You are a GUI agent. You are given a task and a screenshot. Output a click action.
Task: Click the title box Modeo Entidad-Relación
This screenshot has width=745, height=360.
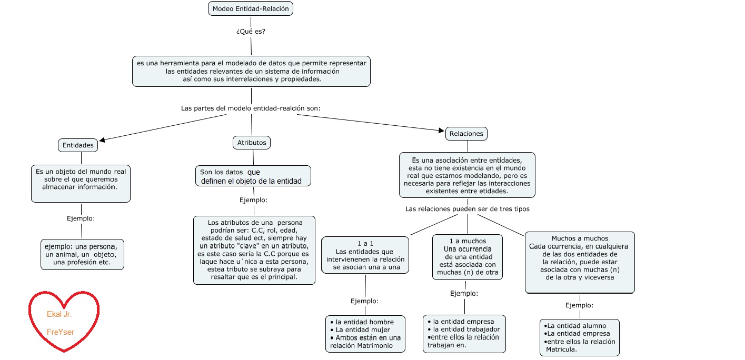[x=251, y=8]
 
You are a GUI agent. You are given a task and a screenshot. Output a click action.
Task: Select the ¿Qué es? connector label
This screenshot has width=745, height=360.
[x=251, y=31]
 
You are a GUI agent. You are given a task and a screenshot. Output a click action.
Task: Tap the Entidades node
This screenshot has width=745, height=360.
[x=78, y=145]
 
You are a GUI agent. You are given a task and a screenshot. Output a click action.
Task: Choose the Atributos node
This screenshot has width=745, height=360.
[x=252, y=143]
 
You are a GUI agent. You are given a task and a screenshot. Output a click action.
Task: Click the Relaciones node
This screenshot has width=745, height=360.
[x=466, y=134]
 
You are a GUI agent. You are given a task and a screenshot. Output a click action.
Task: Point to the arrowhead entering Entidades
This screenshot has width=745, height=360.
[x=102, y=140]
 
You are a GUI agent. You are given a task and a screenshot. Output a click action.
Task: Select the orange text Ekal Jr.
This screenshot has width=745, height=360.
[x=59, y=315]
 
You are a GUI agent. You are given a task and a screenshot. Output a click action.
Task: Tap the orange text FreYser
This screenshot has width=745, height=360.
[x=61, y=332]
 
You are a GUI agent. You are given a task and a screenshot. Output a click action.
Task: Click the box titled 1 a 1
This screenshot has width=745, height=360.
[x=365, y=255]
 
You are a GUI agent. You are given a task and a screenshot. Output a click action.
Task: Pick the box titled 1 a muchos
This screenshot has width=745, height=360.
[x=468, y=257]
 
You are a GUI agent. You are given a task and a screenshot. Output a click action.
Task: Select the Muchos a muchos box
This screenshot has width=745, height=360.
[x=580, y=262]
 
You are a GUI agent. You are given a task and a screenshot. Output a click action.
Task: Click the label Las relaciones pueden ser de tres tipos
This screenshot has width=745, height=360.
[x=467, y=209]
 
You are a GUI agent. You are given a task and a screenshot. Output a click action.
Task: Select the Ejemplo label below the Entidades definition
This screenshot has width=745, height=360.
[x=81, y=218]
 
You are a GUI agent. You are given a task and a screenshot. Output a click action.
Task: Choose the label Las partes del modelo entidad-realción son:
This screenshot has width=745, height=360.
[x=251, y=108]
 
